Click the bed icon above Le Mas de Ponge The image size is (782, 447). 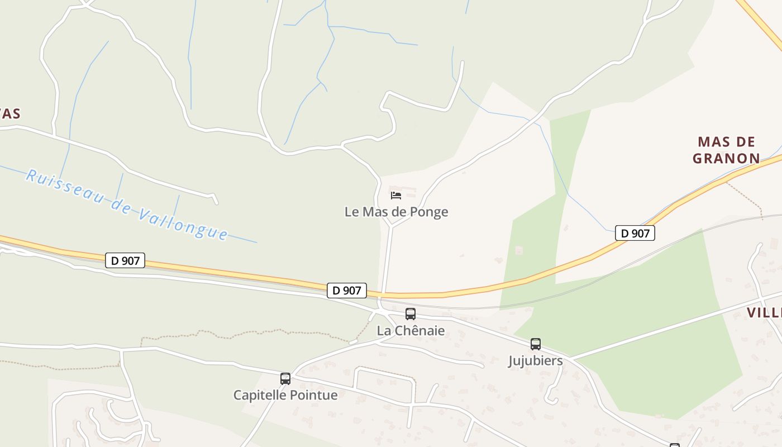[396, 195]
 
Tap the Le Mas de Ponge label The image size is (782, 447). [396, 212]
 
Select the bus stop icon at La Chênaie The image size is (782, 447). [411, 314]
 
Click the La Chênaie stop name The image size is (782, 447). [411, 331]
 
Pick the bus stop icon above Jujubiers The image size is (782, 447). [536, 344]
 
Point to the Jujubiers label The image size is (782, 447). [535, 361]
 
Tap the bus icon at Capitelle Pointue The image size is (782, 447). [285, 379]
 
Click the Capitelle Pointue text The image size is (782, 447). [285, 395]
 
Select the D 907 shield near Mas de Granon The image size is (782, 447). [635, 233]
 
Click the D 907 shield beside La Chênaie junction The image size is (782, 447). [347, 291]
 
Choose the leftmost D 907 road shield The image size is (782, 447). [125, 260]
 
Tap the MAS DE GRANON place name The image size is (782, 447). [726, 150]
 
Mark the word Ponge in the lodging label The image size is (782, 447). [429, 212]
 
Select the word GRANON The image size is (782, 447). [726, 159]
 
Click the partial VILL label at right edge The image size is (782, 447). [765, 312]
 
